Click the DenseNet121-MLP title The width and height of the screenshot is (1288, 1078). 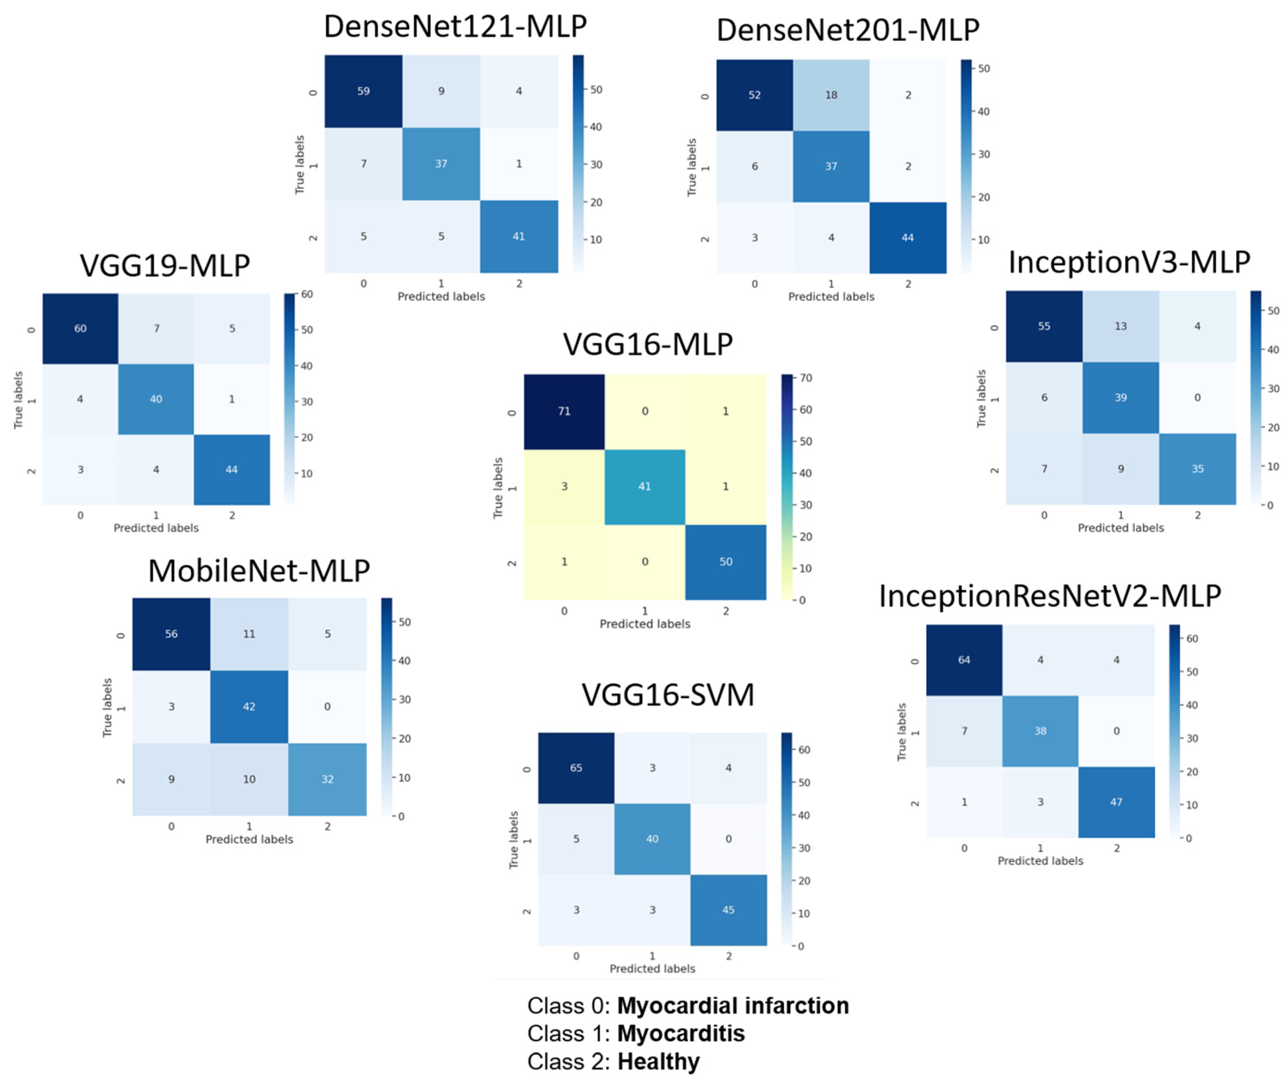455,27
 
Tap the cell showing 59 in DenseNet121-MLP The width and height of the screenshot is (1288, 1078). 363,91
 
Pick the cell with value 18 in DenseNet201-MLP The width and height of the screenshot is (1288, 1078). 831,95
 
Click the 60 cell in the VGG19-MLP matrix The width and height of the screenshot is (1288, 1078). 80,329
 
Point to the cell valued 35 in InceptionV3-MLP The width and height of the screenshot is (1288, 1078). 1197,469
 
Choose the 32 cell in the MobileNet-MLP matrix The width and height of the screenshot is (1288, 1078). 327,779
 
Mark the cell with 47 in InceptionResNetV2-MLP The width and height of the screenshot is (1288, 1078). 1116,802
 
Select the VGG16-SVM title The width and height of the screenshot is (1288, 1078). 667,695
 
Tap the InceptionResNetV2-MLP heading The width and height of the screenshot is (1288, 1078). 1049,596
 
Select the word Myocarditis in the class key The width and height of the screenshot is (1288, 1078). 680,1034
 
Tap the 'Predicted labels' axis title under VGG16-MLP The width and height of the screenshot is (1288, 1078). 645,624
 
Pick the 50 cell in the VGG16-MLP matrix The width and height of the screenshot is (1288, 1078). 726,562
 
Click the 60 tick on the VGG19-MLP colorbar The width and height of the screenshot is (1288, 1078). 307,294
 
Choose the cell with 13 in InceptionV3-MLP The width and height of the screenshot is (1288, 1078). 1121,326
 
